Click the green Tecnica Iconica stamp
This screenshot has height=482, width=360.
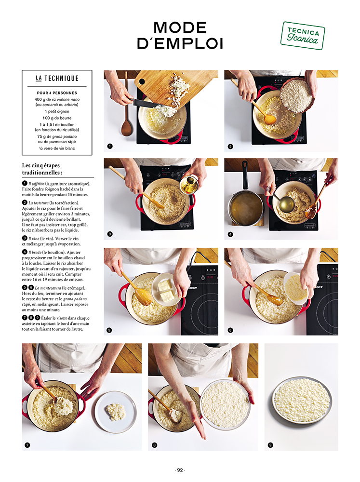click(303, 36)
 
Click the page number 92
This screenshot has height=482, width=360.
click(180, 470)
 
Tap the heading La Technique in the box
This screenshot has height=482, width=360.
click(57, 79)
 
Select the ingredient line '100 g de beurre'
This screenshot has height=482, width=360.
click(57, 118)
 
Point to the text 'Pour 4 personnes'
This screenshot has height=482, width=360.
click(57, 93)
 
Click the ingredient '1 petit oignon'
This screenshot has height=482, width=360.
click(57, 112)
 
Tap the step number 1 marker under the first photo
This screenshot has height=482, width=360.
click(110, 147)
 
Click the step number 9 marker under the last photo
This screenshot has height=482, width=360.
click(270, 445)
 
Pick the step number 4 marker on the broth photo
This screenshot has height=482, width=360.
click(230, 234)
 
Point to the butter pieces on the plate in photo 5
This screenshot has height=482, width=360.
click(166, 291)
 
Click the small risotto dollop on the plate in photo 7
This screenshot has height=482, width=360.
click(116, 412)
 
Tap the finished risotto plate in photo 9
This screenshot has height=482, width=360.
click(302, 400)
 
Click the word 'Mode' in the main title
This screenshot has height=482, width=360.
click(180, 27)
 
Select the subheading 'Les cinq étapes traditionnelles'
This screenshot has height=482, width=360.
click(42, 169)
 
